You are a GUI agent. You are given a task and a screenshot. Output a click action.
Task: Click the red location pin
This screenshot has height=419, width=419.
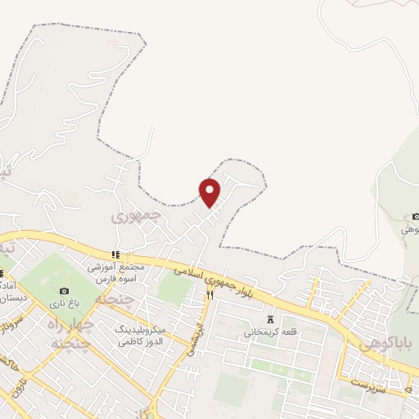pos(209,191)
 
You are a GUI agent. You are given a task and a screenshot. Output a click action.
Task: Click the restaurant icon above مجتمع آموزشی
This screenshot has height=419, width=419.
pos(116,255)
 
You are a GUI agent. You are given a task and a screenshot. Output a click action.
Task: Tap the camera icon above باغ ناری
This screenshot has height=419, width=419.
pos(64,291)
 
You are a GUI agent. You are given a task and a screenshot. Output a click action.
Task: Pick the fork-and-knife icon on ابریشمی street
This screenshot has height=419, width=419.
pos(209,295)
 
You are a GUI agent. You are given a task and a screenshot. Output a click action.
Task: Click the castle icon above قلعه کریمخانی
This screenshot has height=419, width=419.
pos(271,319)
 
